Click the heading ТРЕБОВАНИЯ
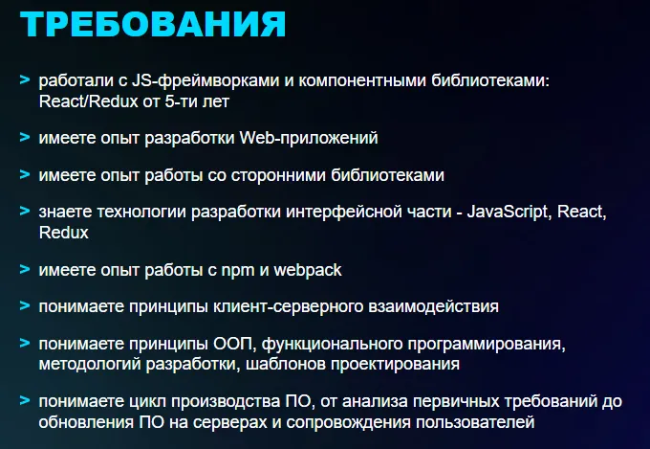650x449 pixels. [x=151, y=24]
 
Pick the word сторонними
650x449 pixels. [x=266, y=175]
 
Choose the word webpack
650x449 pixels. [x=308, y=270]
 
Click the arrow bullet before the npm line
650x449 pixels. [x=24, y=270]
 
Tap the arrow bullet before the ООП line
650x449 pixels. [x=24, y=345]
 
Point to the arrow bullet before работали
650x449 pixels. [x=24, y=81]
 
